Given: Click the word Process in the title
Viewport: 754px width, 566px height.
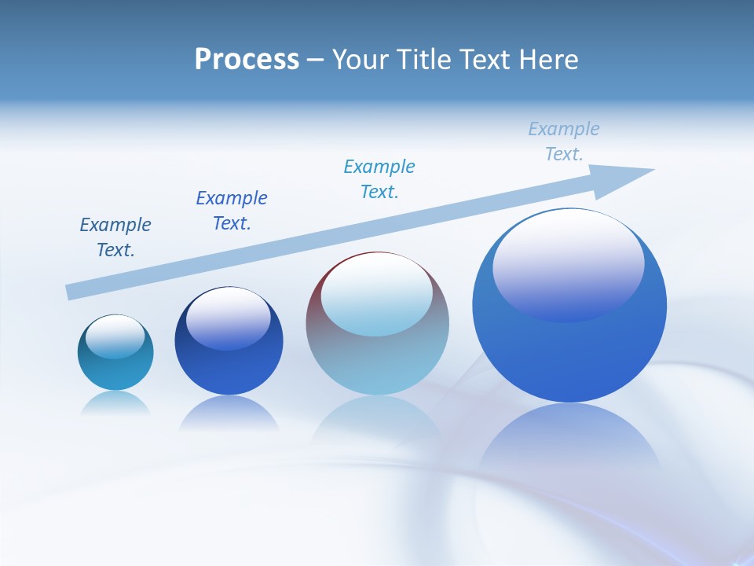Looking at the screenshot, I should pos(247,60).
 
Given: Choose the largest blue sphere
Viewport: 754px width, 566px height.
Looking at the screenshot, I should pos(569,354).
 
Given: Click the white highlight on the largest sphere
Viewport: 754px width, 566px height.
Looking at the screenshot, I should pos(568,263).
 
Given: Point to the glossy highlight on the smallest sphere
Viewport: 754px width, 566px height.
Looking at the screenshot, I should pos(115,337).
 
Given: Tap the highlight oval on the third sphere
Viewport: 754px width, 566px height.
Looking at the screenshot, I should pos(377,293).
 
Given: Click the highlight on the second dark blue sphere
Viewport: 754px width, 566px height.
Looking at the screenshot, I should pos(229,318).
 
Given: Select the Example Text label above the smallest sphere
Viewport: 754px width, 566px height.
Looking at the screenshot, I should pos(115,237).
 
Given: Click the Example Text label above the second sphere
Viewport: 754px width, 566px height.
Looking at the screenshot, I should pos(232,211).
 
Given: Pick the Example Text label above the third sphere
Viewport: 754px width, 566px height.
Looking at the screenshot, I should pos(379,179).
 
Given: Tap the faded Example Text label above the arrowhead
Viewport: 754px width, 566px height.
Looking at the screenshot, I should pos(564,141).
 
